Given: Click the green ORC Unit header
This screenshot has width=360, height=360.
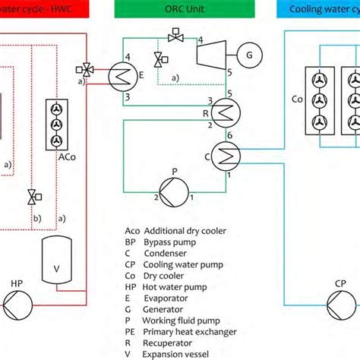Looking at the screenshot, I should click(178, 9).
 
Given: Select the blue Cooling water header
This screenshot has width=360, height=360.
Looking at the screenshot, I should click(323, 9).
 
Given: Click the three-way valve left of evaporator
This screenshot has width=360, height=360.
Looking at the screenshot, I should click(88, 70).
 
